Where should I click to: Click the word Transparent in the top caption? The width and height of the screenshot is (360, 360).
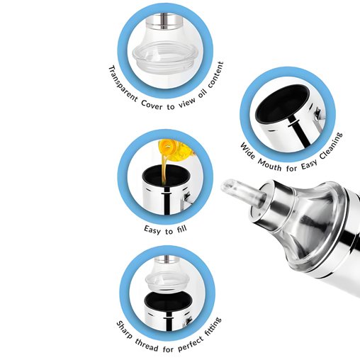122,84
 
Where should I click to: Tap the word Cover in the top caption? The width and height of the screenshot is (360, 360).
152,106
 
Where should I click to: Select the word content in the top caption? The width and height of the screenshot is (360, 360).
215,75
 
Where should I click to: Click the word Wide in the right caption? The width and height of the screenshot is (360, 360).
247,151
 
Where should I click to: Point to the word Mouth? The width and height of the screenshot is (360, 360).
269,165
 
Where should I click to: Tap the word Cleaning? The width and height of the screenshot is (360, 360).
331,146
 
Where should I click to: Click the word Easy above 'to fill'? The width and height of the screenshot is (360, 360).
152,230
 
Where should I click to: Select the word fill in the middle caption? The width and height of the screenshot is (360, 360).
181,229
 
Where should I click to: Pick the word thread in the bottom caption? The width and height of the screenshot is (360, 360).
147,344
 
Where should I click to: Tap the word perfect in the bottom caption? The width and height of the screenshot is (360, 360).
191,343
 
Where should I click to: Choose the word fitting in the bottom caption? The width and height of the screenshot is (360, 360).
213,327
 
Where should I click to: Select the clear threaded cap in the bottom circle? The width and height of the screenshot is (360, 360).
167,279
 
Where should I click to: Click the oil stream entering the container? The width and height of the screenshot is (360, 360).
164,167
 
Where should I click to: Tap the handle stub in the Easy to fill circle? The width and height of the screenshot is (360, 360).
187,198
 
